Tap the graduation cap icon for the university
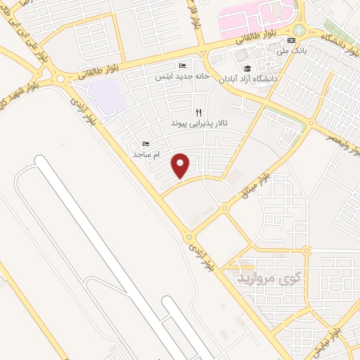click(247, 68)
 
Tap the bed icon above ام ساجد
click(146, 143)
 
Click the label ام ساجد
click(146, 153)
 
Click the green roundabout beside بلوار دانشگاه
click(300, 30)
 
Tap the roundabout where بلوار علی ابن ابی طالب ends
click(67, 78)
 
